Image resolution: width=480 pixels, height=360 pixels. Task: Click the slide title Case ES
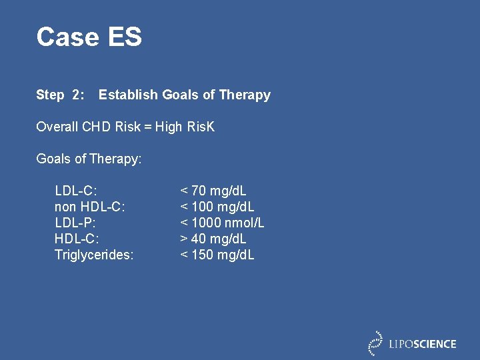pyautogui.click(x=89, y=37)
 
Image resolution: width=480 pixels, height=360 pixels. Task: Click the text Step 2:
pyautogui.click(x=60, y=95)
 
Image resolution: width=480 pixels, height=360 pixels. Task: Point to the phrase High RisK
pyautogui.click(x=185, y=127)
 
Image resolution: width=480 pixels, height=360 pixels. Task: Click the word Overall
pyautogui.click(x=57, y=127)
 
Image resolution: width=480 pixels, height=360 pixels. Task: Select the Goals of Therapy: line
pyautogui.click(x=89, y=159)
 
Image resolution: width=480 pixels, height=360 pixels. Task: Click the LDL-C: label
pyautogui.click(x=75, y=191)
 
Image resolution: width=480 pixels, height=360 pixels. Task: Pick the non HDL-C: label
pyautogui.click(x=89, y=207)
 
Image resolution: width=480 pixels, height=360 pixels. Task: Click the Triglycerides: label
pyautogui.click(x=94, y=255)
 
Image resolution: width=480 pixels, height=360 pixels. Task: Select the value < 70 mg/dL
pyautogui.click(x=213, y=191)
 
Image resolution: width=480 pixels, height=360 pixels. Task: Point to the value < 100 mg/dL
pyautogui.click(x=217, y=207)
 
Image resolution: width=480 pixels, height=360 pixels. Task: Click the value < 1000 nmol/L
pyautogui.click(x=222, y=223)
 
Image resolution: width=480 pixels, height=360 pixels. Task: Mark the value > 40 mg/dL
pyautogui.click(x=213, y=239)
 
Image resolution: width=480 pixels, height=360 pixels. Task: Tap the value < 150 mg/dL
pyautogui.click(x=217, y=255)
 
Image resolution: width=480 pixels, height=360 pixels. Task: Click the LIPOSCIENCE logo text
pyautogui.click(x=423, y=344)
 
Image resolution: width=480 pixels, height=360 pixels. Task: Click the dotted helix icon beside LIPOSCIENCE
pyautogui.click(x=376, y=343)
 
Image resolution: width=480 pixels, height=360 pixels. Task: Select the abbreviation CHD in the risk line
pyautogui.click(x=97, y=127)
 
